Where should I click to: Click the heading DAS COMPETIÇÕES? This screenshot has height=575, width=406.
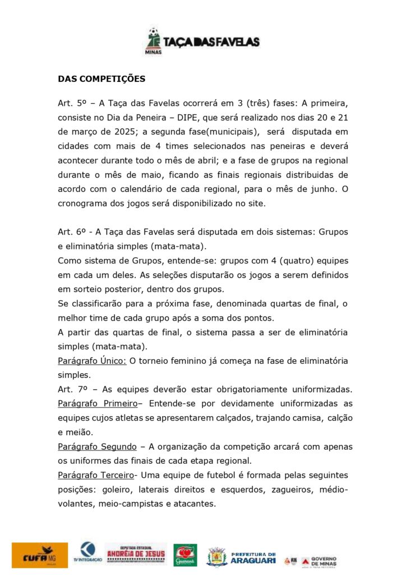[x=101, y=79]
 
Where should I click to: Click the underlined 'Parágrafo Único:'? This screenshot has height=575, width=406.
[x=92, y=360]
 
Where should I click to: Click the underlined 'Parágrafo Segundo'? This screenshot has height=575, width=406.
[x=97, y=446]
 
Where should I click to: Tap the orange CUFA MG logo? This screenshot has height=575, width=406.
[x=39, y=555]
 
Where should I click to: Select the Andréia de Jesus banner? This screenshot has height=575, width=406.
[x=135, y=554]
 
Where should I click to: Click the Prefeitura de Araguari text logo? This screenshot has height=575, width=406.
[x=253, y=557]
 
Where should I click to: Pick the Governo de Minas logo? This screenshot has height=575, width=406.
[x=319, y=561]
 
